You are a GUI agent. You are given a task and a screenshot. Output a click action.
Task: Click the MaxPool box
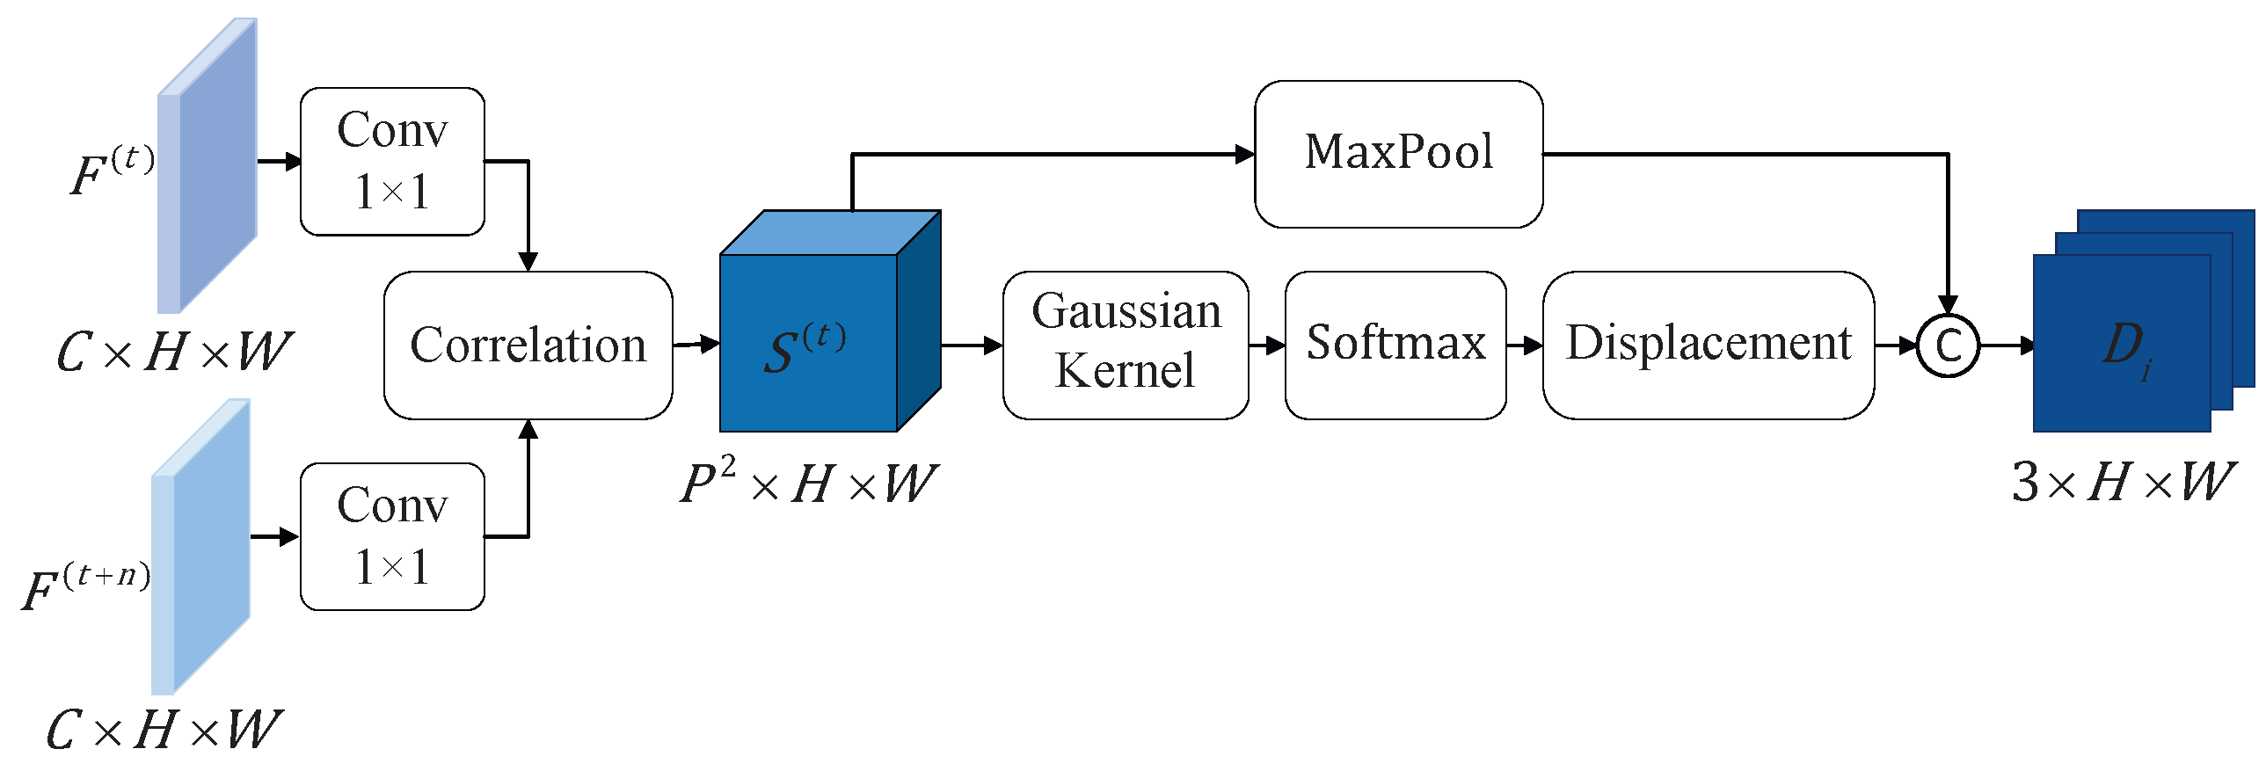(x=1398, y=154)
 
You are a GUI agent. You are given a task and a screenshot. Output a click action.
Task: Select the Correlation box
(x=528, y=345)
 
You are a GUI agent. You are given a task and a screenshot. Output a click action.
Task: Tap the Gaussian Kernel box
(x=1125, y=343)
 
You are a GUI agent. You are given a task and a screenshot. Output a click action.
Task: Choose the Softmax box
(x=1395, y=343)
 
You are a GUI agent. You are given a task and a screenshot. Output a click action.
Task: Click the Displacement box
(x=1708, y=343)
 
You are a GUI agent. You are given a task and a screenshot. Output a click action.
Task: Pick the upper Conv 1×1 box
(x=392, y=161)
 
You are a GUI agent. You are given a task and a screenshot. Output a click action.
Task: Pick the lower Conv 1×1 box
(x=392, y=535)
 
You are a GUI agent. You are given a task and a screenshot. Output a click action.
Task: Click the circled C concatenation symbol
(x=1948, y=345)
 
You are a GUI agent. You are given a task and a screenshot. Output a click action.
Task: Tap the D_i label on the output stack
(x=2126, y=348)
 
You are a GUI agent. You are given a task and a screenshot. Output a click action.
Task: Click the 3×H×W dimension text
(x=2122, y=483)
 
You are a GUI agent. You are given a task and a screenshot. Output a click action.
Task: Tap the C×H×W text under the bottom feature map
(x=164, y=730)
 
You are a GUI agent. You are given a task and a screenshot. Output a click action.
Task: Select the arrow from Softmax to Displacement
(x=1525, y=345)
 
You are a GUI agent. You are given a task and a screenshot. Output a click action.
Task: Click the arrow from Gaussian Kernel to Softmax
(x=1267, y=345)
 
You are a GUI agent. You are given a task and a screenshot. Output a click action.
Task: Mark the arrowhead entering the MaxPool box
(x=1245, y=155)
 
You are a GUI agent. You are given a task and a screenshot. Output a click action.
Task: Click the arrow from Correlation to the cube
(x=696, y=345)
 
